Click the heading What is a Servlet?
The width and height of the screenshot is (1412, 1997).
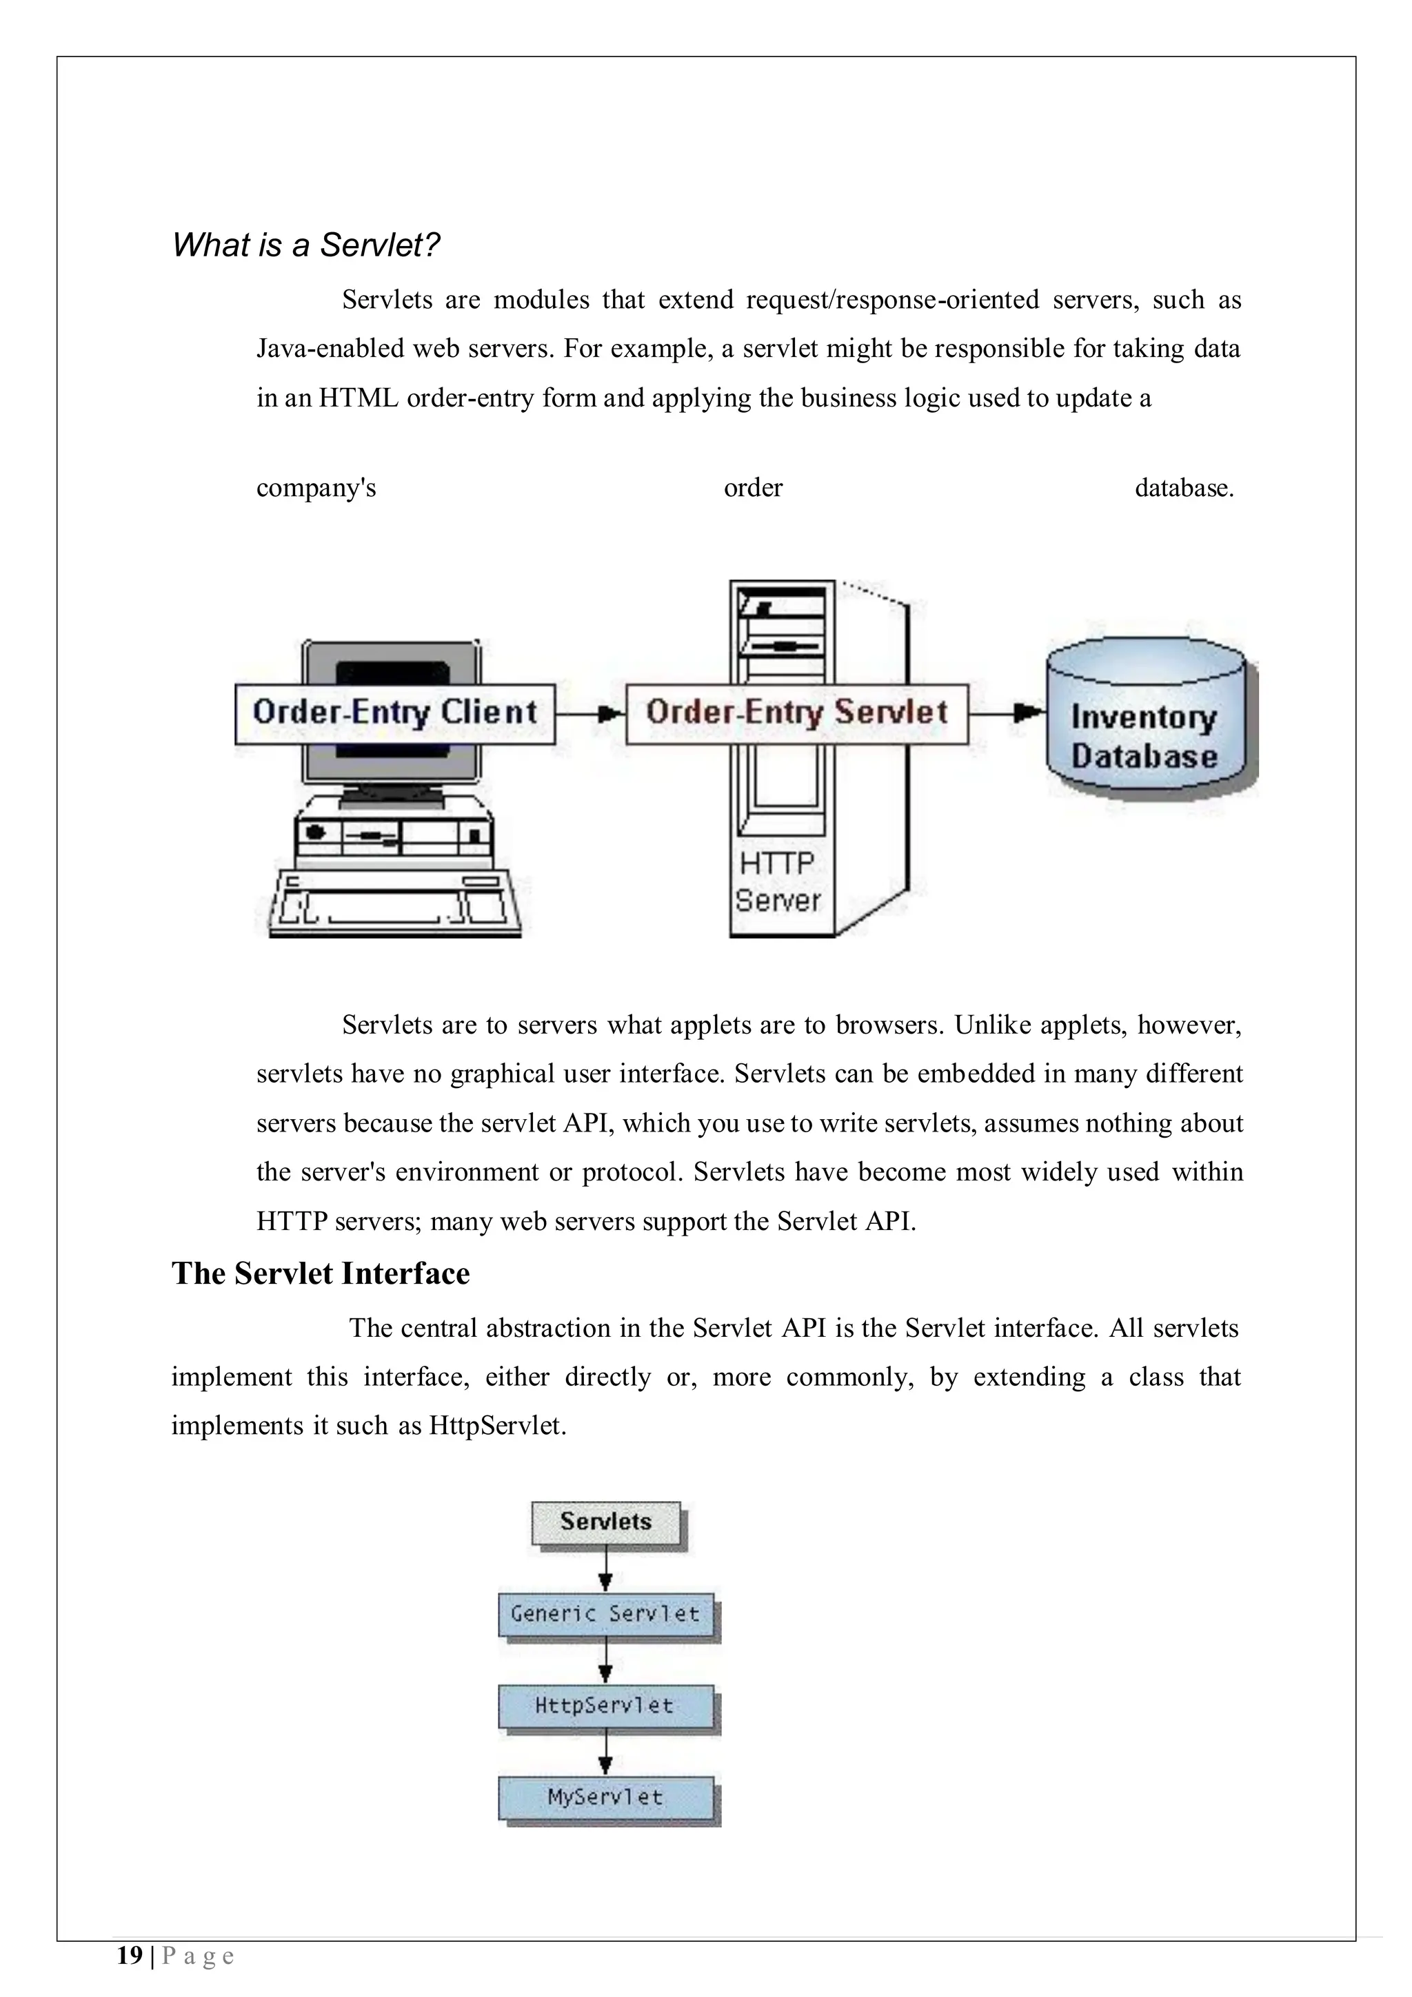coord(305,245)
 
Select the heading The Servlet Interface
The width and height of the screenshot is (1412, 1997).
coord(320,1273)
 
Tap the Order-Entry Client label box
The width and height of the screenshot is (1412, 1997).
coord(395,713)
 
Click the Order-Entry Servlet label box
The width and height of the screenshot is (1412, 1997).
coord(796,713)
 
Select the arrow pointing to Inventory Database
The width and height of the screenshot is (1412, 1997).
coord(1007,713)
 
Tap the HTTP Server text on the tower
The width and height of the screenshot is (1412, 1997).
coord(777,882)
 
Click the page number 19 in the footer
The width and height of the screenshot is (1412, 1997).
coord(130,1956)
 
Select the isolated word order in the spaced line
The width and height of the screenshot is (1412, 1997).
coord(753,488)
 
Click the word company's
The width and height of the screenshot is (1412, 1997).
coord(316,488)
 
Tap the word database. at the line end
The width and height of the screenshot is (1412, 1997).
coord(1184,488)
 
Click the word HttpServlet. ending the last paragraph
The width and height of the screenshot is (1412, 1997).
coord(498,1426)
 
